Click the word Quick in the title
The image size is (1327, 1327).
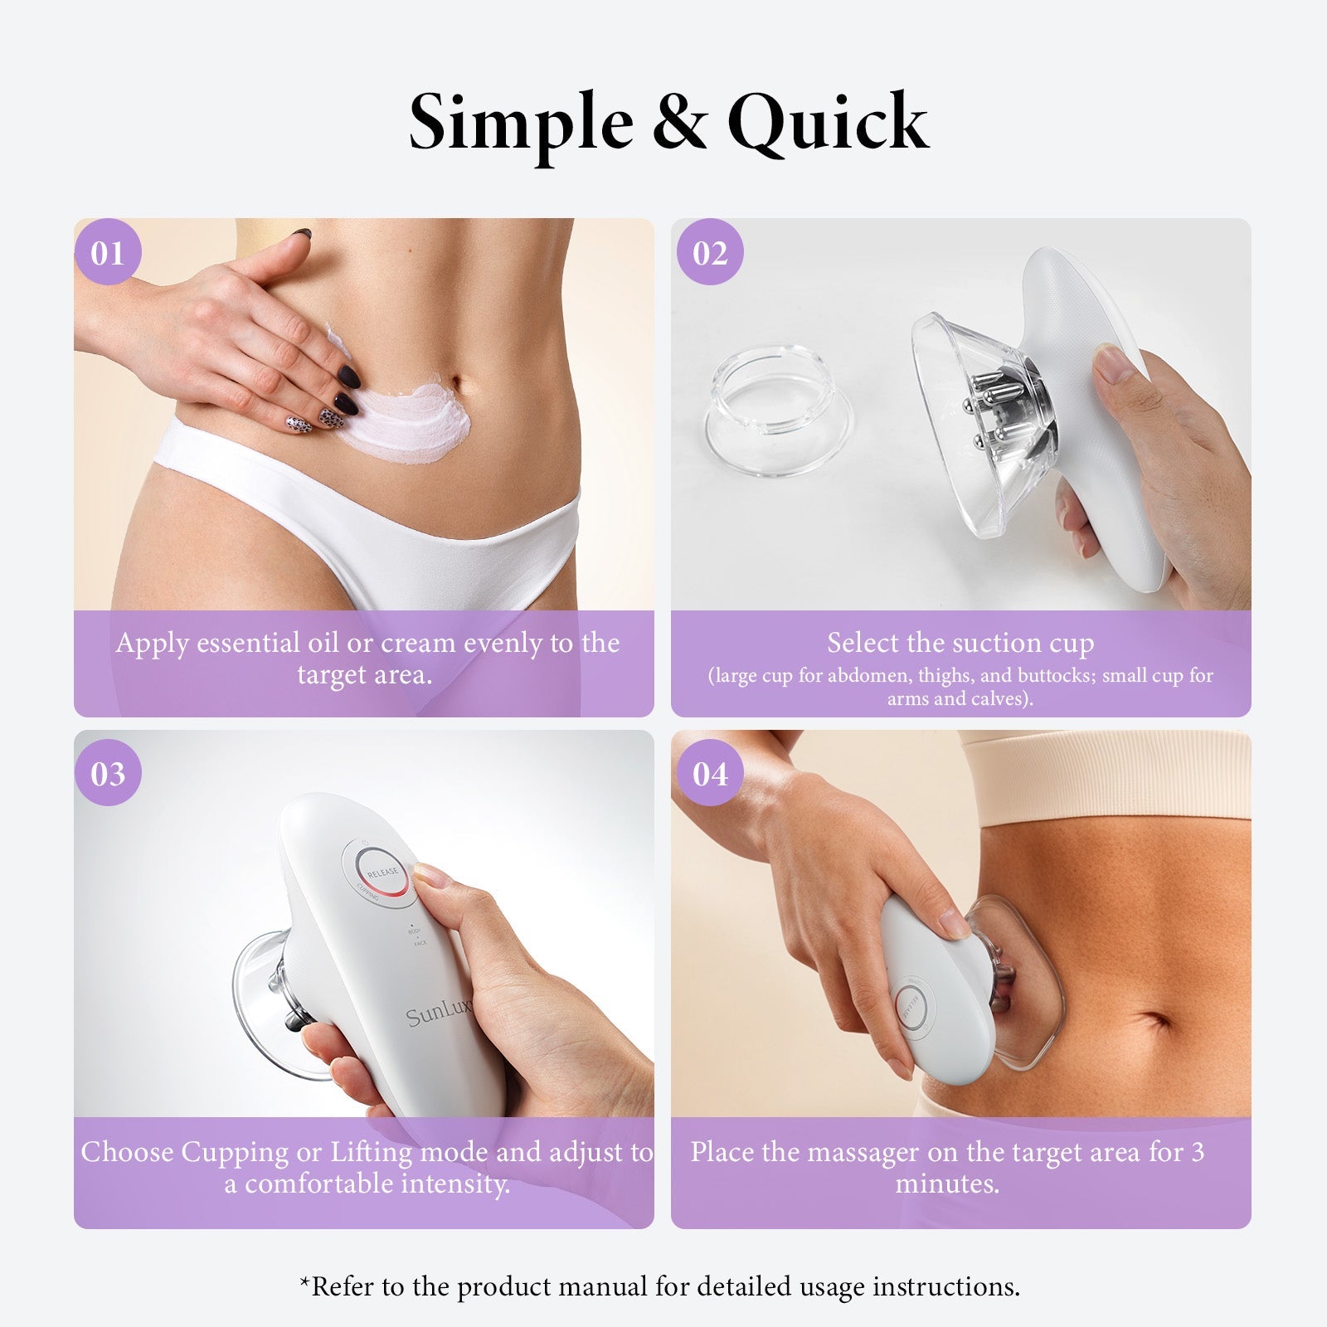coord(828,123)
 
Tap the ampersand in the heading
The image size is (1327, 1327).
coord(679,123)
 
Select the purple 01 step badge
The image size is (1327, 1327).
coord(108,253)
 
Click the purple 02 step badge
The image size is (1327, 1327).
coord(710,253)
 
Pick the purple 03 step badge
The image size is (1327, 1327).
coord(108,774)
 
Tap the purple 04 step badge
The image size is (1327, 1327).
coord(710,774)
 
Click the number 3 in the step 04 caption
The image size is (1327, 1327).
coord(1197,1152)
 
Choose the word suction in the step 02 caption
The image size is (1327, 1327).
coord(973,644)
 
